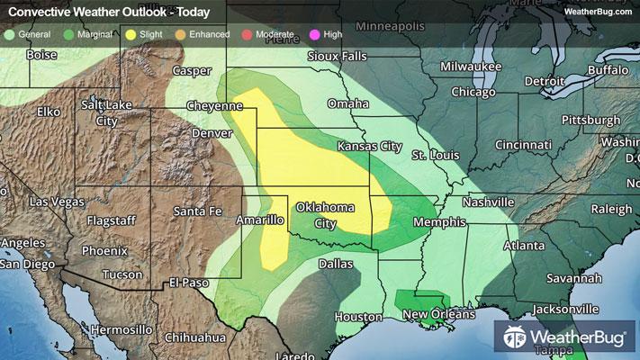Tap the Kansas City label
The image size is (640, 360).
point(368,146)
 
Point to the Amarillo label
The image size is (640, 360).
point(260,220)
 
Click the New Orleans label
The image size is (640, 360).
point(438,313)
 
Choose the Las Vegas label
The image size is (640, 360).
point(56,202)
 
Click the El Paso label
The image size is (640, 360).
point(191,283)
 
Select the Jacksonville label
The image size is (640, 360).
point(563,309)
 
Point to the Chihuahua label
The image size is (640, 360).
point(195,337)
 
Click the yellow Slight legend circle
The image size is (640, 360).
point(131,34)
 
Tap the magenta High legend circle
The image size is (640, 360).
point(313,34)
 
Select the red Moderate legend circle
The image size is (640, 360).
point(247,34)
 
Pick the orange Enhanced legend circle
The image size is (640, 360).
point(181,34)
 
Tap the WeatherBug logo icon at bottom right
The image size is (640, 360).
point(516,337)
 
